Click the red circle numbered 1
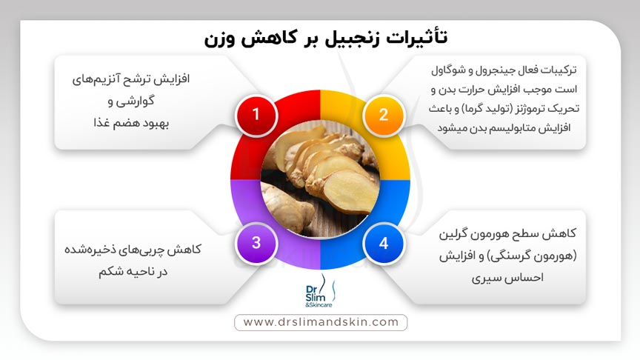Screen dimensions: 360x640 [256, 114]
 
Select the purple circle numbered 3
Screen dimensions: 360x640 [256, 242]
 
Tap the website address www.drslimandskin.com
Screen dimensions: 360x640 [320, 322]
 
